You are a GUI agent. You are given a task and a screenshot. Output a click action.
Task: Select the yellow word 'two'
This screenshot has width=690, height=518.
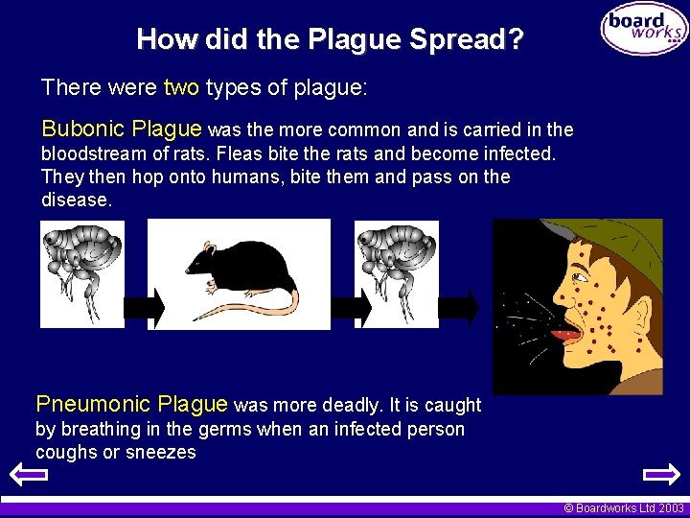181,88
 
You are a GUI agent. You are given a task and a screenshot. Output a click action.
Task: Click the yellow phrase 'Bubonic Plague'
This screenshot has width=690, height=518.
122,129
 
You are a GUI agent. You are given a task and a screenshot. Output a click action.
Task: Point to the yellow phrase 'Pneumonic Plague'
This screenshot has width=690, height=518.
131,404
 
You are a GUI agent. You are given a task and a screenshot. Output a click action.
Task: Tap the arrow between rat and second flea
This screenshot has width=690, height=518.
352,307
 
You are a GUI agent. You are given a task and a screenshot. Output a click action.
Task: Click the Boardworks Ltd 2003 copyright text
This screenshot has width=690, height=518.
623,508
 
